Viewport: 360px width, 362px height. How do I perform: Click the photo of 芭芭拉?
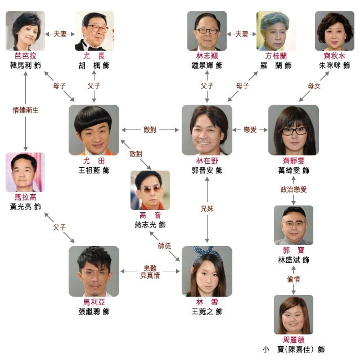point(25,31)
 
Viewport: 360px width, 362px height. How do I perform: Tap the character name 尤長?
point(94,56)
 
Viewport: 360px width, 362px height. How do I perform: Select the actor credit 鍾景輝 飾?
point(206,66)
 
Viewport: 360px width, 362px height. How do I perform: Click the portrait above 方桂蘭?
point(276,31)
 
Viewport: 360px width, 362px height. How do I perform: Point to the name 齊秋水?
point(335,56)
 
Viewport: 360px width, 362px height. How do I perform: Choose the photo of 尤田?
point(94,129)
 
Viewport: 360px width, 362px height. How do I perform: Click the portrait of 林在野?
point(206,129)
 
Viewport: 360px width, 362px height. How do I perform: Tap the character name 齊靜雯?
point(294,160)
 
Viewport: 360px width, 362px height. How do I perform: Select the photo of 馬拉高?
point(25,172)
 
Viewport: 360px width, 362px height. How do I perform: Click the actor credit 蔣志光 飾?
point(150,225)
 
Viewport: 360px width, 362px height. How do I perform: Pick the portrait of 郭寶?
point(293,225)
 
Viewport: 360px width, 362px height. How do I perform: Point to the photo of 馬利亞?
point(94,271)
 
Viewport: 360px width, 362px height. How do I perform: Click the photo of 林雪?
point(206,271)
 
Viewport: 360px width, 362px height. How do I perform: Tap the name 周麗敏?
point(293,340)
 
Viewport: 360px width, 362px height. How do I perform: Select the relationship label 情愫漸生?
point(25,110)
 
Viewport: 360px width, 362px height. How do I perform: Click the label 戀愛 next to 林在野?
point(250,129)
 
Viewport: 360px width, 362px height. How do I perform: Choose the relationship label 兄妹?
point(206,208)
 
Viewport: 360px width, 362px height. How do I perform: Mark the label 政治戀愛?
point(293,190)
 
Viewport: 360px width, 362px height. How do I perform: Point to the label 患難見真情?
point(150,271)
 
